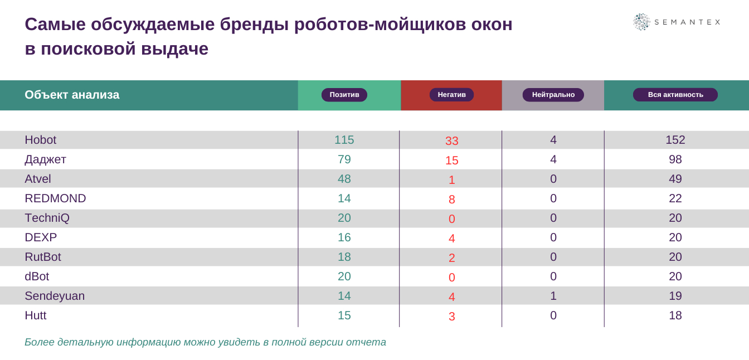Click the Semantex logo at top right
pos(676,22)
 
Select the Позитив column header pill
pos(344,95)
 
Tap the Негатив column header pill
pos(451,95)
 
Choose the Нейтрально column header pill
pos(553,95)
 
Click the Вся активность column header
pos(675,95)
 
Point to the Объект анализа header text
pos(72,95)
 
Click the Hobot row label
pos(41,140)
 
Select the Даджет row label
pos(45,159)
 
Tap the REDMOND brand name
pos(55,198)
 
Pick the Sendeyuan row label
pos(55,296)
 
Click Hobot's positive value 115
pos(344,140)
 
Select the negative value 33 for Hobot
pos(452,141)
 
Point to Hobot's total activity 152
pos(675,140)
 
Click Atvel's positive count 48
pos(344,179)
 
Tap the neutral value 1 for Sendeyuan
pos(553,296)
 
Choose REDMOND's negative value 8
pos(452,200)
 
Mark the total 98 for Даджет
pos(675,159)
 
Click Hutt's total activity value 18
pos(675,315)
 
